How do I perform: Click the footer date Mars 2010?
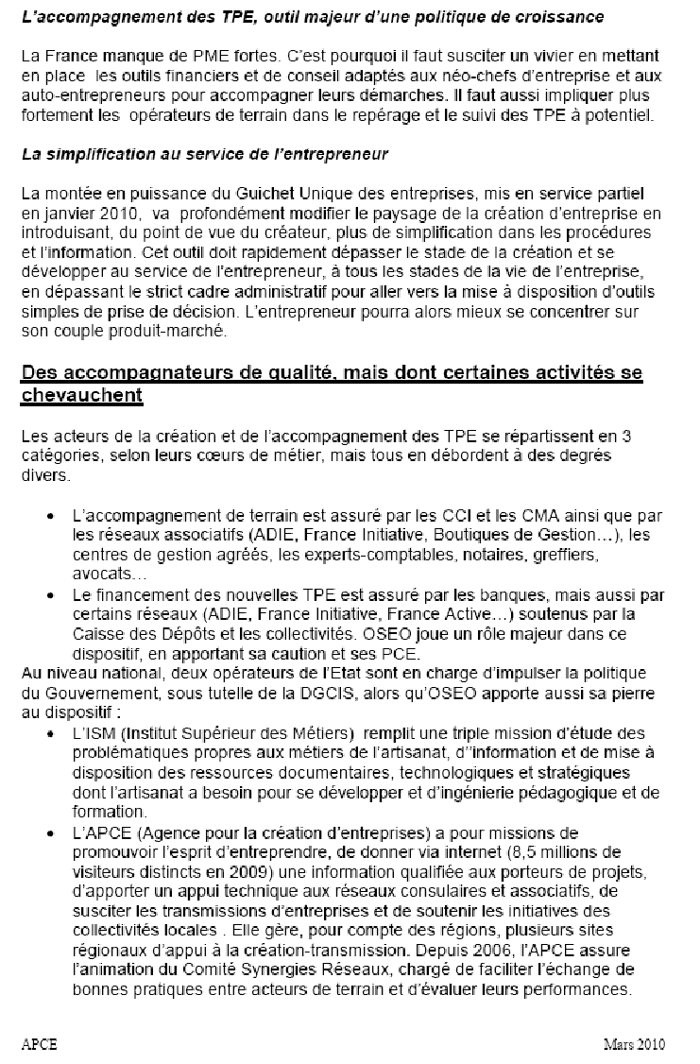635,1043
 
